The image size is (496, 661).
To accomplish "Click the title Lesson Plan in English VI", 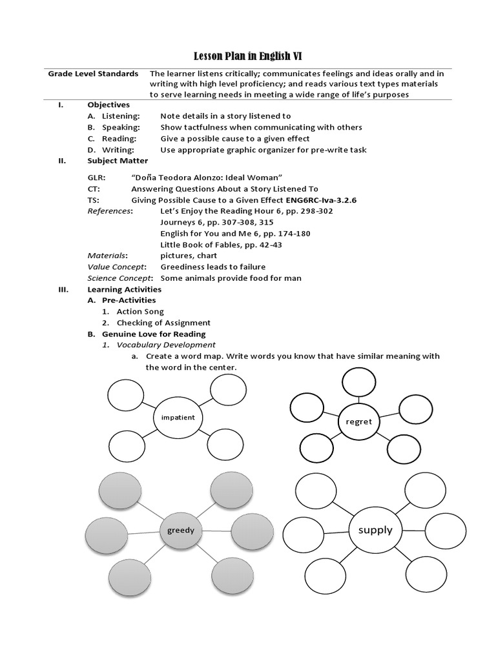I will click(248, 57).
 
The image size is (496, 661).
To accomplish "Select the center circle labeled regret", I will click(359, 422).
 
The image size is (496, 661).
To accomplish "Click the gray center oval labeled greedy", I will click(181, 531).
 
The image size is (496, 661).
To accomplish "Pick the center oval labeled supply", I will click(375, 530).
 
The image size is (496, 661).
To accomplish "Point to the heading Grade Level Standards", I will click(93, 74).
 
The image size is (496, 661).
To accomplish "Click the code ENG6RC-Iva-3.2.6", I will click(321, 200).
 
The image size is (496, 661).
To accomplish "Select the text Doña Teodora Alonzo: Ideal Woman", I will click(207, 178).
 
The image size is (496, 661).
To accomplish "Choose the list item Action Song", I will click(140, 312).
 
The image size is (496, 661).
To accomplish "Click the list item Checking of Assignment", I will click(163, 323).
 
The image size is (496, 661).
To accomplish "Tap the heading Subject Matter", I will click(118, 161).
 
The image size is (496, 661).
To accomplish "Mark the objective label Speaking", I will click(121, 128).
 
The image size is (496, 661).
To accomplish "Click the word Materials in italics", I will click(107, 256).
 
